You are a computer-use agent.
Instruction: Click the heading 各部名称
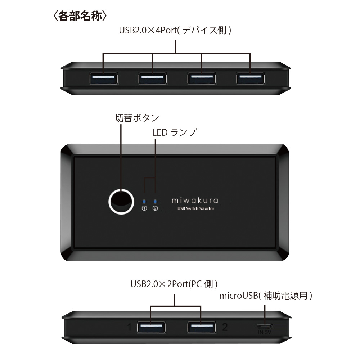coord(80,16)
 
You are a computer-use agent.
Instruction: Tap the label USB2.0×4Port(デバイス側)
coord(175,30)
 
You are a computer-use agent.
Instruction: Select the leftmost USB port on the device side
coord(104,78)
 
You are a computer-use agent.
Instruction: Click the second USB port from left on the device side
coord(153,78)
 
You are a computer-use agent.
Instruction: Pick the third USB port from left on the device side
coord(202,78)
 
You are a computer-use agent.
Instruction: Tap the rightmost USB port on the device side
coord(251,78)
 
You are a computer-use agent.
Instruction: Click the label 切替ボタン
coord(137,118)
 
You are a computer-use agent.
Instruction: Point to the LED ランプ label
coord(174,132)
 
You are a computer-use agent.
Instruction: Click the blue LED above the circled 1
coord(144,202)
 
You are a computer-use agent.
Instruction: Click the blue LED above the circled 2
coord(155,202)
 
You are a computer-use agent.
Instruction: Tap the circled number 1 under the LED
coord(144,208)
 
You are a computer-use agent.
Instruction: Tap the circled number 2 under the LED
coord(155,208)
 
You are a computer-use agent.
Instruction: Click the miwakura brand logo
coord(195,201)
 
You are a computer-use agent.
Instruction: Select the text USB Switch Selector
coord(196,208)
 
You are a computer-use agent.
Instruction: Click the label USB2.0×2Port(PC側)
coord(174,284)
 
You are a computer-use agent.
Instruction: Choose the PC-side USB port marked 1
coord(151,327)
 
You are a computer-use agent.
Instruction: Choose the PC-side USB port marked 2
coord(202,327)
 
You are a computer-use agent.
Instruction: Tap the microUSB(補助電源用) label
coord(266,296)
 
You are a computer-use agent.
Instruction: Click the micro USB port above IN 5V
coord(265,327)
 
